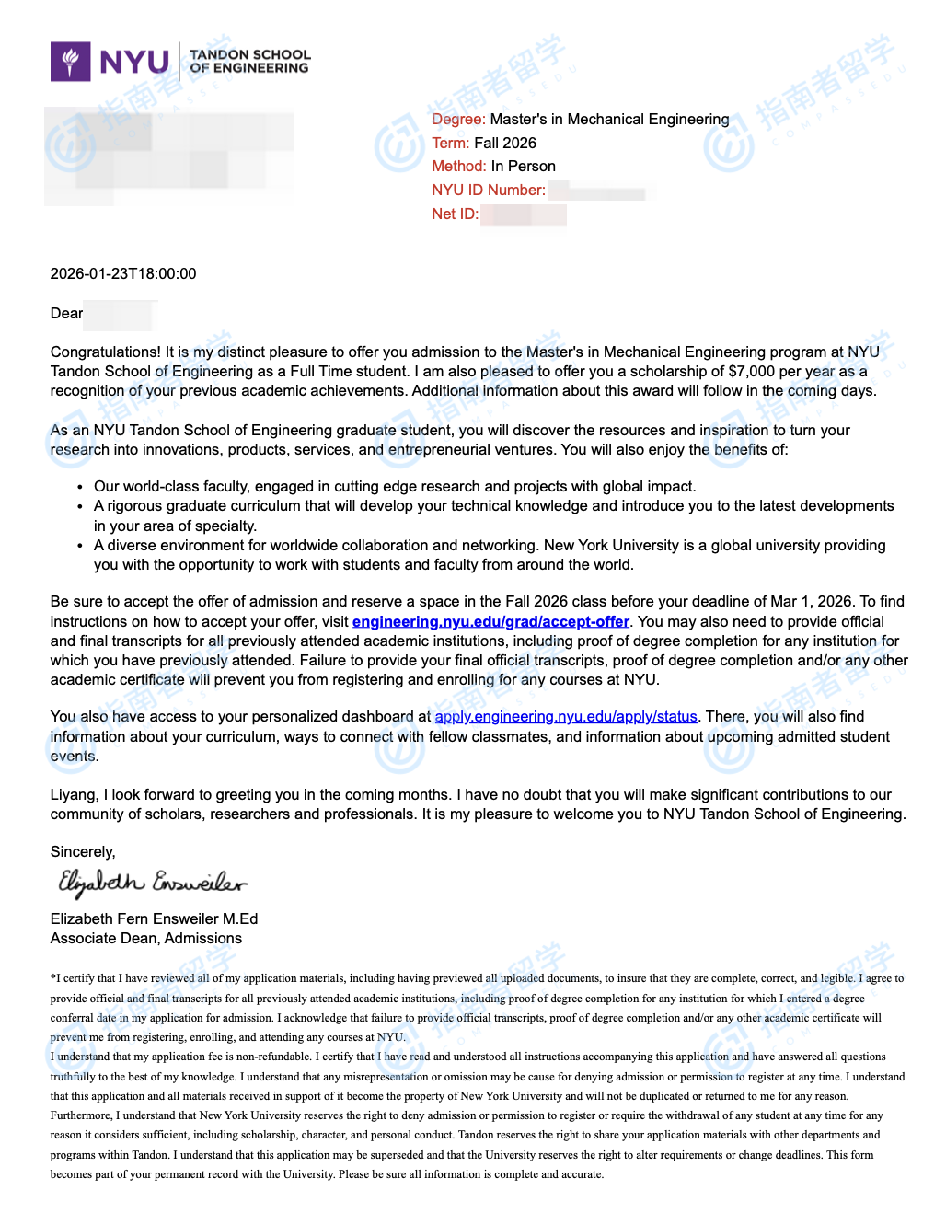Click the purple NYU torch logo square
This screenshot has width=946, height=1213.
(x=71, y=62)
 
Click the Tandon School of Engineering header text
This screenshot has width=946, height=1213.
(x=249, y=62)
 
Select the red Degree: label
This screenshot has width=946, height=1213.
(x=458, y=120)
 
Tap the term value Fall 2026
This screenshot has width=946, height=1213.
(x=504, y=144)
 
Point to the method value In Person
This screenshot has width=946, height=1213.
(x=523, y=167)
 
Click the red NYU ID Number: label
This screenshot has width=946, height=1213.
(x=488, y=191)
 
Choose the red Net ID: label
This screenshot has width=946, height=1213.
(x=455, y=214)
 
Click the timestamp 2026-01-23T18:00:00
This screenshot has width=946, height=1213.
(x=123, y=274)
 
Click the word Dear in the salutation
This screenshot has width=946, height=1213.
(x=66, y=314)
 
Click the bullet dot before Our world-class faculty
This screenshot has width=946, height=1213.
(x=82, y=487)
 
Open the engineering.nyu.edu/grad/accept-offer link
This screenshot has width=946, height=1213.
(x=490, y=622)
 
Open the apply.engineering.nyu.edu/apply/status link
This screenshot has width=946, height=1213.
(x=566, y=717)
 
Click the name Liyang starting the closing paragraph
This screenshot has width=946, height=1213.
(x=73, y=795)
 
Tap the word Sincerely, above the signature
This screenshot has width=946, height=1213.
(x=83, y=852)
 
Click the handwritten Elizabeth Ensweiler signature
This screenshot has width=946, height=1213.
(x=152, y=884)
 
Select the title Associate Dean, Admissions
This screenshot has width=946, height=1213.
(x=146, y=939)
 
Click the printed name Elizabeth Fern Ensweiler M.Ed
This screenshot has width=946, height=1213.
(x=154, y=919)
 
